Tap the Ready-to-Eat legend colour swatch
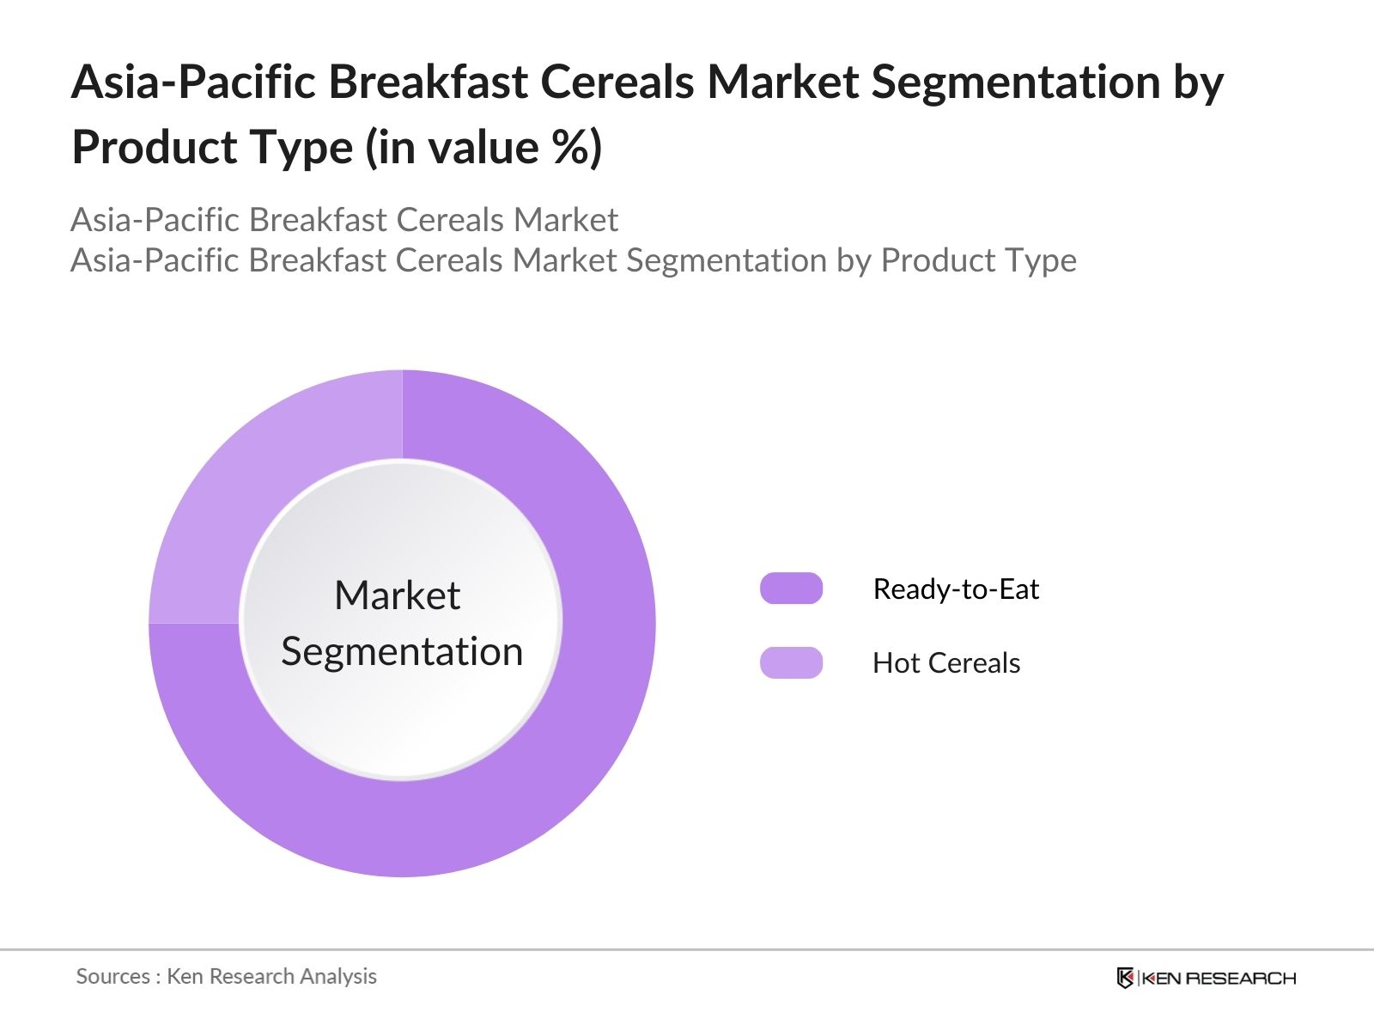791,589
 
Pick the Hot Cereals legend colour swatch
791,662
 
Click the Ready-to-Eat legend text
955,589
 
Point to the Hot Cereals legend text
945,663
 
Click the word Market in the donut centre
397,595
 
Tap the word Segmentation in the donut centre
402,651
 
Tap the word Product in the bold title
153,148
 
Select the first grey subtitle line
343,220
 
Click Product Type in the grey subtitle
978,260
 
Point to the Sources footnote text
226,976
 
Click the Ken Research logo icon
1125,978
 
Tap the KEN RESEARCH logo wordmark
1219,978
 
